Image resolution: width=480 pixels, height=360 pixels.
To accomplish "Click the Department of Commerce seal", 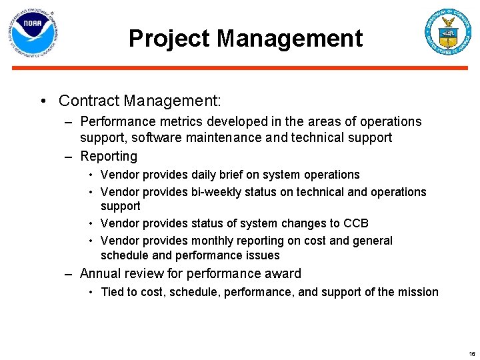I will [x=448, y=32].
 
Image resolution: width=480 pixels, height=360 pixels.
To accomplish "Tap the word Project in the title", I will [x=169, y=39].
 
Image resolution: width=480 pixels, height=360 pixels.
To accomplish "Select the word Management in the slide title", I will [x=289, y=39].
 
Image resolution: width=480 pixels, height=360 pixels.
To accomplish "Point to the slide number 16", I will [x=471, y=354].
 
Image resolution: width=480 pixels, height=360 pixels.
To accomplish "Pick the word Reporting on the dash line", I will [x=109, y=157].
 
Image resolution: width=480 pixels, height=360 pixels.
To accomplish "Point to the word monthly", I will [x=214, y=241].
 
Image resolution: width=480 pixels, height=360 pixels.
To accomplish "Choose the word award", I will [x=283, y=273].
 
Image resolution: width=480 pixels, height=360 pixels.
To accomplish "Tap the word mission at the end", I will [x=417, y=292].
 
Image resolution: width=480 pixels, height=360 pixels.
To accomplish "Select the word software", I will [x=155, y=138].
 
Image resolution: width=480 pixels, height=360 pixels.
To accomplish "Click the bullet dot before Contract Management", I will [x=42, y=101].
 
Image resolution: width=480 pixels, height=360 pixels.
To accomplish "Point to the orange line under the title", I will [x=240, y=67].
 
